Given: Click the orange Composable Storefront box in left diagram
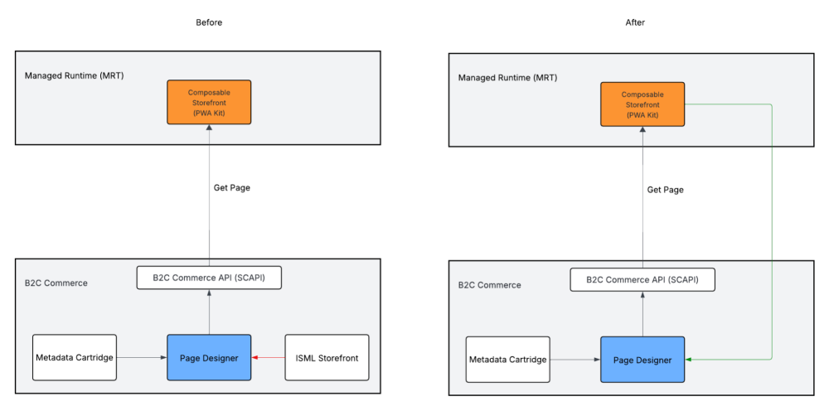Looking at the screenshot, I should point(209,102).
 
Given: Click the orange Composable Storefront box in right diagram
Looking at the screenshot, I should point(642,104).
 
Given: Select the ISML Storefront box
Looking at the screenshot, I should point(327,357).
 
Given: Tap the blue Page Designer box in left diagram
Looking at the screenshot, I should point(209,357).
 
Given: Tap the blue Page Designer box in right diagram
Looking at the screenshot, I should point(642,360).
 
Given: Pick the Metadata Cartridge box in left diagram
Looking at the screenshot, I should point(75,357).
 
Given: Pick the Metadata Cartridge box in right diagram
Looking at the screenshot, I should point(507,360).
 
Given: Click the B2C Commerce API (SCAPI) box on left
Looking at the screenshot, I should point(209,278).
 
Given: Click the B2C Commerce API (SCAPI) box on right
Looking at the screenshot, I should point(642,279).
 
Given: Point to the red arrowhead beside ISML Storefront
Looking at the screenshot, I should point(255,357).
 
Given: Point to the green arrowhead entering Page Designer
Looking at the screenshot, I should point(689,360).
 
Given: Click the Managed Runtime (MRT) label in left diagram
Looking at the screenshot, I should point(74,75).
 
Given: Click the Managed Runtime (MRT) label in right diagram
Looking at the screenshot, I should point(507,77).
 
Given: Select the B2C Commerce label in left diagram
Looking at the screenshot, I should point(56,283).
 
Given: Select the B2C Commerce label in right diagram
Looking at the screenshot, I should point(489,285).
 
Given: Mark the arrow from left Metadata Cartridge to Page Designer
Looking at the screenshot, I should point(141,357).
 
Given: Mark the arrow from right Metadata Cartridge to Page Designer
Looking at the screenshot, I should point(574,360).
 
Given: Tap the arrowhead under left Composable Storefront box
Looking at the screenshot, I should point(209,128).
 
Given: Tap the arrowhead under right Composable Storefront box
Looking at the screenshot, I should point(642,130).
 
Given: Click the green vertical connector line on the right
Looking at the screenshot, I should point(772,232).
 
